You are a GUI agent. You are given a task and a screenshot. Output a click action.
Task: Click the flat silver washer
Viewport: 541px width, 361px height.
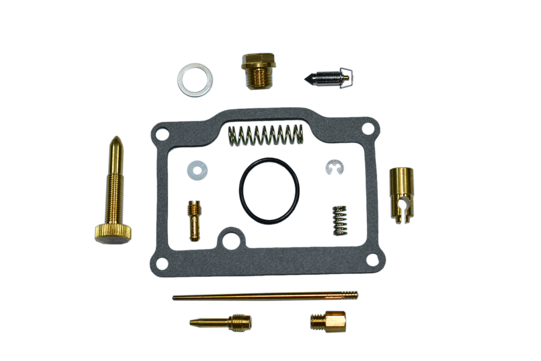195,80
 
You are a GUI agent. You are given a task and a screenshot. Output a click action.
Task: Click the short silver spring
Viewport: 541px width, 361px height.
340,220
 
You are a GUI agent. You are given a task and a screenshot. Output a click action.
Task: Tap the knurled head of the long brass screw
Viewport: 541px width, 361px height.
113,234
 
